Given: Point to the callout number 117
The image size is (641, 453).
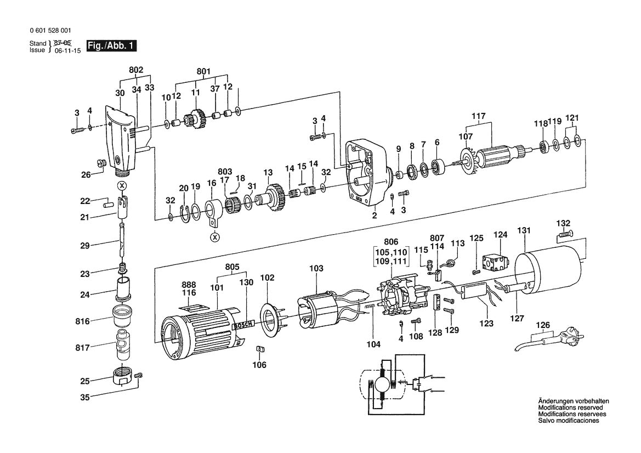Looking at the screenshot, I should (x=479, y=116).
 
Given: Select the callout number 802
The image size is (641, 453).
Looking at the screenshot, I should (x=136, y=70).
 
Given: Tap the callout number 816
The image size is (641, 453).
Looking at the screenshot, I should (x=84, y=318).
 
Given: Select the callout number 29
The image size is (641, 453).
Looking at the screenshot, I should (x=84, y=245).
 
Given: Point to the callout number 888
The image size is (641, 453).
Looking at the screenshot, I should (x=189, y=285).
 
